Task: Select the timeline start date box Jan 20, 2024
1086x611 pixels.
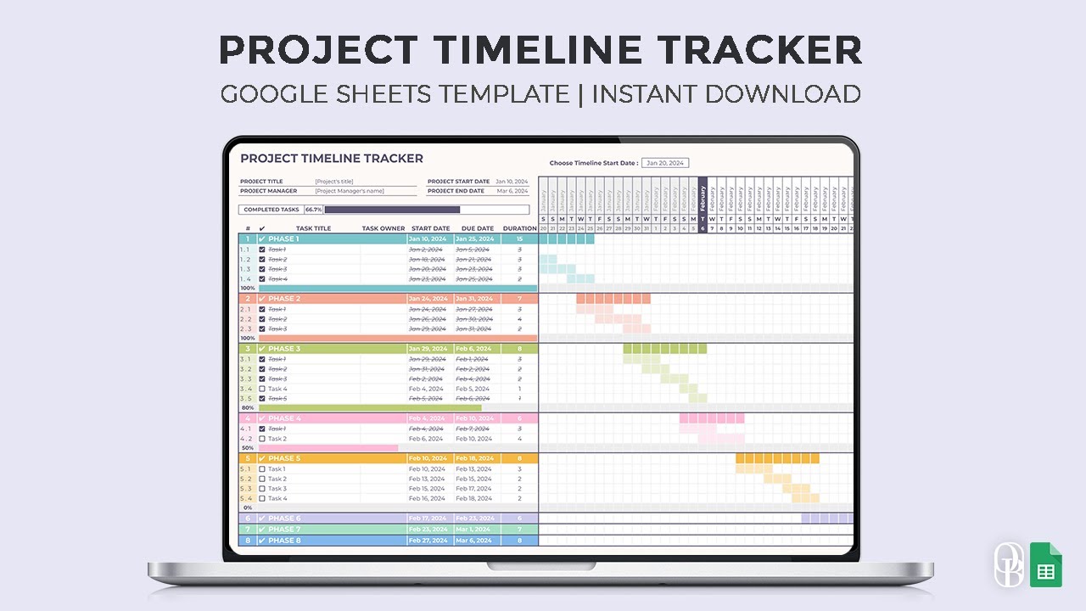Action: [x=665, y=163]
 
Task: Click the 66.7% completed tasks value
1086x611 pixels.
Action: [x=313, y=210]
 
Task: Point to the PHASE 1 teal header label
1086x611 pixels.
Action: [x=283, y=239]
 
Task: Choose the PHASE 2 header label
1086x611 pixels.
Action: [x=284, y=299]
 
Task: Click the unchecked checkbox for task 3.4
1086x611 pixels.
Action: [x=262, y=389]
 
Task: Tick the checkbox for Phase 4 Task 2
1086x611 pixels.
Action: [x=262, y=439]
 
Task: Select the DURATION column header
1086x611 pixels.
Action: [x=519, y=228]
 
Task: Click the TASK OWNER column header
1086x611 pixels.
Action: [x=383, y=228]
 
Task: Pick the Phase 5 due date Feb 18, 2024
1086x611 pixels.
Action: [x=473, y=458]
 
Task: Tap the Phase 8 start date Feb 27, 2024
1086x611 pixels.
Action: [x=427, y=541]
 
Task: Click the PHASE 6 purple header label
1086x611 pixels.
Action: [x=284, y=519]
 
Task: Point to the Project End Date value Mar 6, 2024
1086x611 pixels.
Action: [x=512, y=191]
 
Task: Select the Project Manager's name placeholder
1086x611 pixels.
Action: [x=350, y=191]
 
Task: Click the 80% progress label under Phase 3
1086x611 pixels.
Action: [x=248, y=408]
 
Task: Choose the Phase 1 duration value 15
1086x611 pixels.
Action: [x=519, y=239]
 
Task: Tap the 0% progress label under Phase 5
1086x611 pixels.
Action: [x=248, y=507]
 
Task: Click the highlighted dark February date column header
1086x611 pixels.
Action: [x=703, y=204]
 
